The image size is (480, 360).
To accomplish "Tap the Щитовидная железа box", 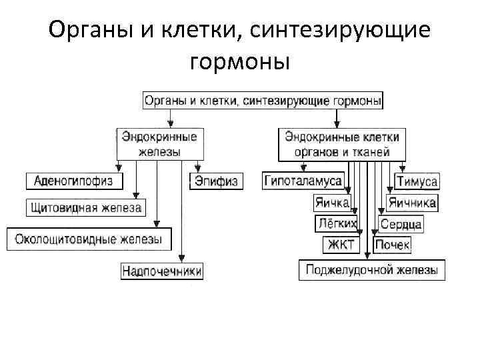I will (86, 208).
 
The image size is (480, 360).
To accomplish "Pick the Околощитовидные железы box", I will (89, 239).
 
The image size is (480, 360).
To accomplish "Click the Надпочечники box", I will (162, 271).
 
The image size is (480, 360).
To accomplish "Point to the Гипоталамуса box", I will (303, 181).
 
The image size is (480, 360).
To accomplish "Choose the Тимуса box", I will (417, 181).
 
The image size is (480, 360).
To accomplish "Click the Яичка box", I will (331, 203).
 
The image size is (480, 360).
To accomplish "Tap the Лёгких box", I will (335, 223).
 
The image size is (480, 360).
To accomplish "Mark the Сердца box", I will (401, 224).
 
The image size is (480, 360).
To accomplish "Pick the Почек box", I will (392, 245).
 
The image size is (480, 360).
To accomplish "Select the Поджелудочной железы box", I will (371, 270).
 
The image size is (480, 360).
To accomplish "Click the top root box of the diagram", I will (263, 101).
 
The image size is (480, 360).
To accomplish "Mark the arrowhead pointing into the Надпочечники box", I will (182, 260).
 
